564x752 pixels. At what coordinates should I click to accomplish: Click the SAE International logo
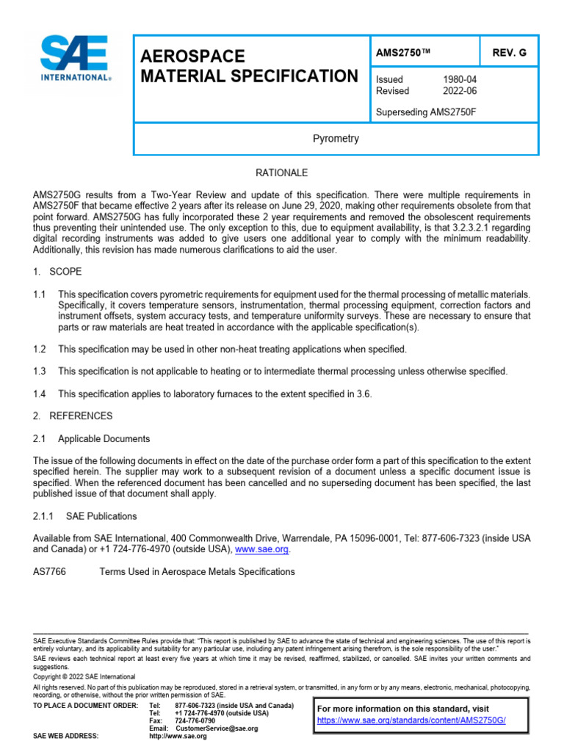coord(76,59)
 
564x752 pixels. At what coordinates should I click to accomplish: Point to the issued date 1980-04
coord(459,79)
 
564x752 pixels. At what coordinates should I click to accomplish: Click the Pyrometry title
coord(336,139)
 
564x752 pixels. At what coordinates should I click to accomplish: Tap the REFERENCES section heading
coord(81,416)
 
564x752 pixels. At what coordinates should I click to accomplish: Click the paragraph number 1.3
coord(40,372)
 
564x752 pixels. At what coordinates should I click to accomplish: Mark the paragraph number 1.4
coord(40,394)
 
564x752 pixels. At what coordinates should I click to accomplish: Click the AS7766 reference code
coord(49,571)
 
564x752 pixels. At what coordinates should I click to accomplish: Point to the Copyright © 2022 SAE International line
coord(84,676)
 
